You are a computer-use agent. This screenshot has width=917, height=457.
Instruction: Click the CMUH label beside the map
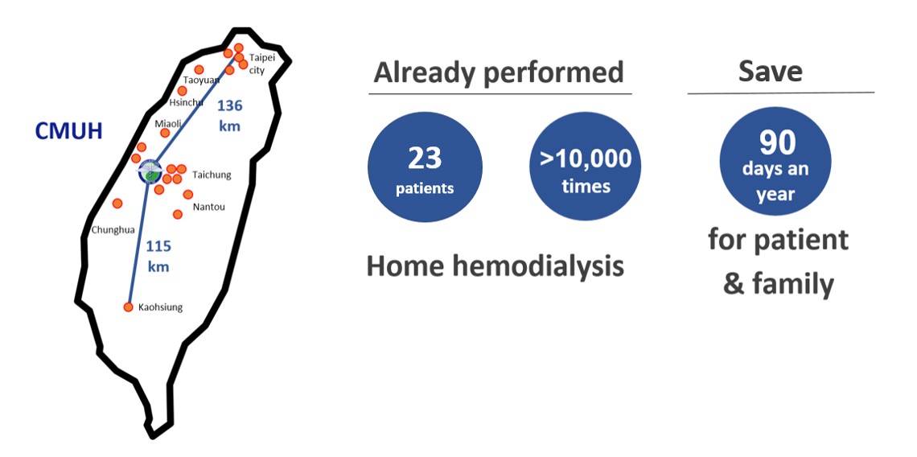point(69,131)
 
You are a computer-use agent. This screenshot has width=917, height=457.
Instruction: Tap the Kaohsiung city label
point(160,307)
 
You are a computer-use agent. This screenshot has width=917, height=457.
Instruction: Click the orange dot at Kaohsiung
point(129,307)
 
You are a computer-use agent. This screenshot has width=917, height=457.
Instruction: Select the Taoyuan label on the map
point(201,80)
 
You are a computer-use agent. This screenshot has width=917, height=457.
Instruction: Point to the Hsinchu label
point(186,102)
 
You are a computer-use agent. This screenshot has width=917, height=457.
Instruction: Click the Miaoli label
point(168,123)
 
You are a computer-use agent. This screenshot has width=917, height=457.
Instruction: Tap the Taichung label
point(212,175)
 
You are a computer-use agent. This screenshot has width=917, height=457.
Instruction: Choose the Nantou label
point(209,207)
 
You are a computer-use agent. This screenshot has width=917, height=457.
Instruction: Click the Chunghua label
point(113,230)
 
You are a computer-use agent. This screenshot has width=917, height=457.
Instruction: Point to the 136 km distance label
point(229,116)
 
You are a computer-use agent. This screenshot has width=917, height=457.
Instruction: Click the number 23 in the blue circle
point(425,158)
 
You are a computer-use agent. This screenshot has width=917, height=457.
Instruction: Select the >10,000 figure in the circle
point(586,158)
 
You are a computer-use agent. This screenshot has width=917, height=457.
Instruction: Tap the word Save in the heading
point(771,72)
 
